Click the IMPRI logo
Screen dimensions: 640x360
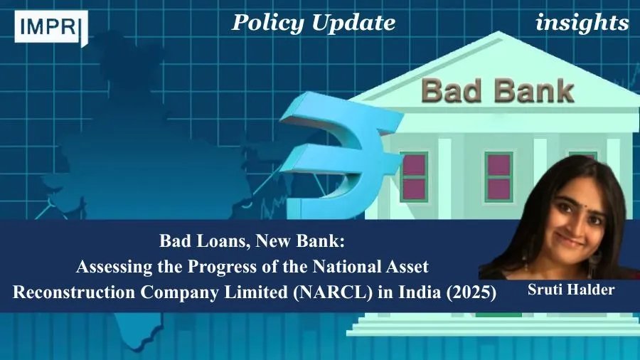pos(51,27)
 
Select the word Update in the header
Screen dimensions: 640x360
pos(353,23)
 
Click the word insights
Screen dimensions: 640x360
pos(582,23)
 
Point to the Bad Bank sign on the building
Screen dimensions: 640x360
pos(498,90)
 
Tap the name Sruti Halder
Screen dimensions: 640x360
pos(570,290)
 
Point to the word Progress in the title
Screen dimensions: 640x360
pos(225,267)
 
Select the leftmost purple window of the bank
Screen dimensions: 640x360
pos(414,176)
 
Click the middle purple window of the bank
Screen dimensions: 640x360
pos(498,176)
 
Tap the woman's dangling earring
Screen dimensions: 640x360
pos(598,257)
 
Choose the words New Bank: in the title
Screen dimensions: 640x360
pos(300,241)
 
